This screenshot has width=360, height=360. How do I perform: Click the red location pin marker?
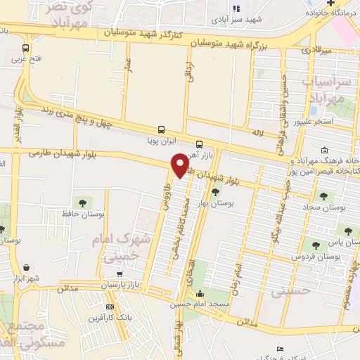click(x=180, y=166)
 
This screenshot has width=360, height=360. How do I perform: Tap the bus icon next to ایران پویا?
click(x=162, y=129)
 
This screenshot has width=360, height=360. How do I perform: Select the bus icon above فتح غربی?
click(x=26, y=49)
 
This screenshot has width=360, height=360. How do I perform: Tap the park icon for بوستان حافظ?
click(x=84, y=203)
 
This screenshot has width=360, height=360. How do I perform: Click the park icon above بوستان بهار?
click(x=215, y=191)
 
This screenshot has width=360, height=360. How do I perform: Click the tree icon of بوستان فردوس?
click(x=315, y=245)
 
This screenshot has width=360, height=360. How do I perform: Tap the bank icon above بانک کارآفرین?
click(x=110, y=307)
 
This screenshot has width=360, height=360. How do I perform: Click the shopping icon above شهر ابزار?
click(x=27, y=267)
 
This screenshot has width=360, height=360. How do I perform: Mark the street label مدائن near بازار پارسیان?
click(x=67, y=288)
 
